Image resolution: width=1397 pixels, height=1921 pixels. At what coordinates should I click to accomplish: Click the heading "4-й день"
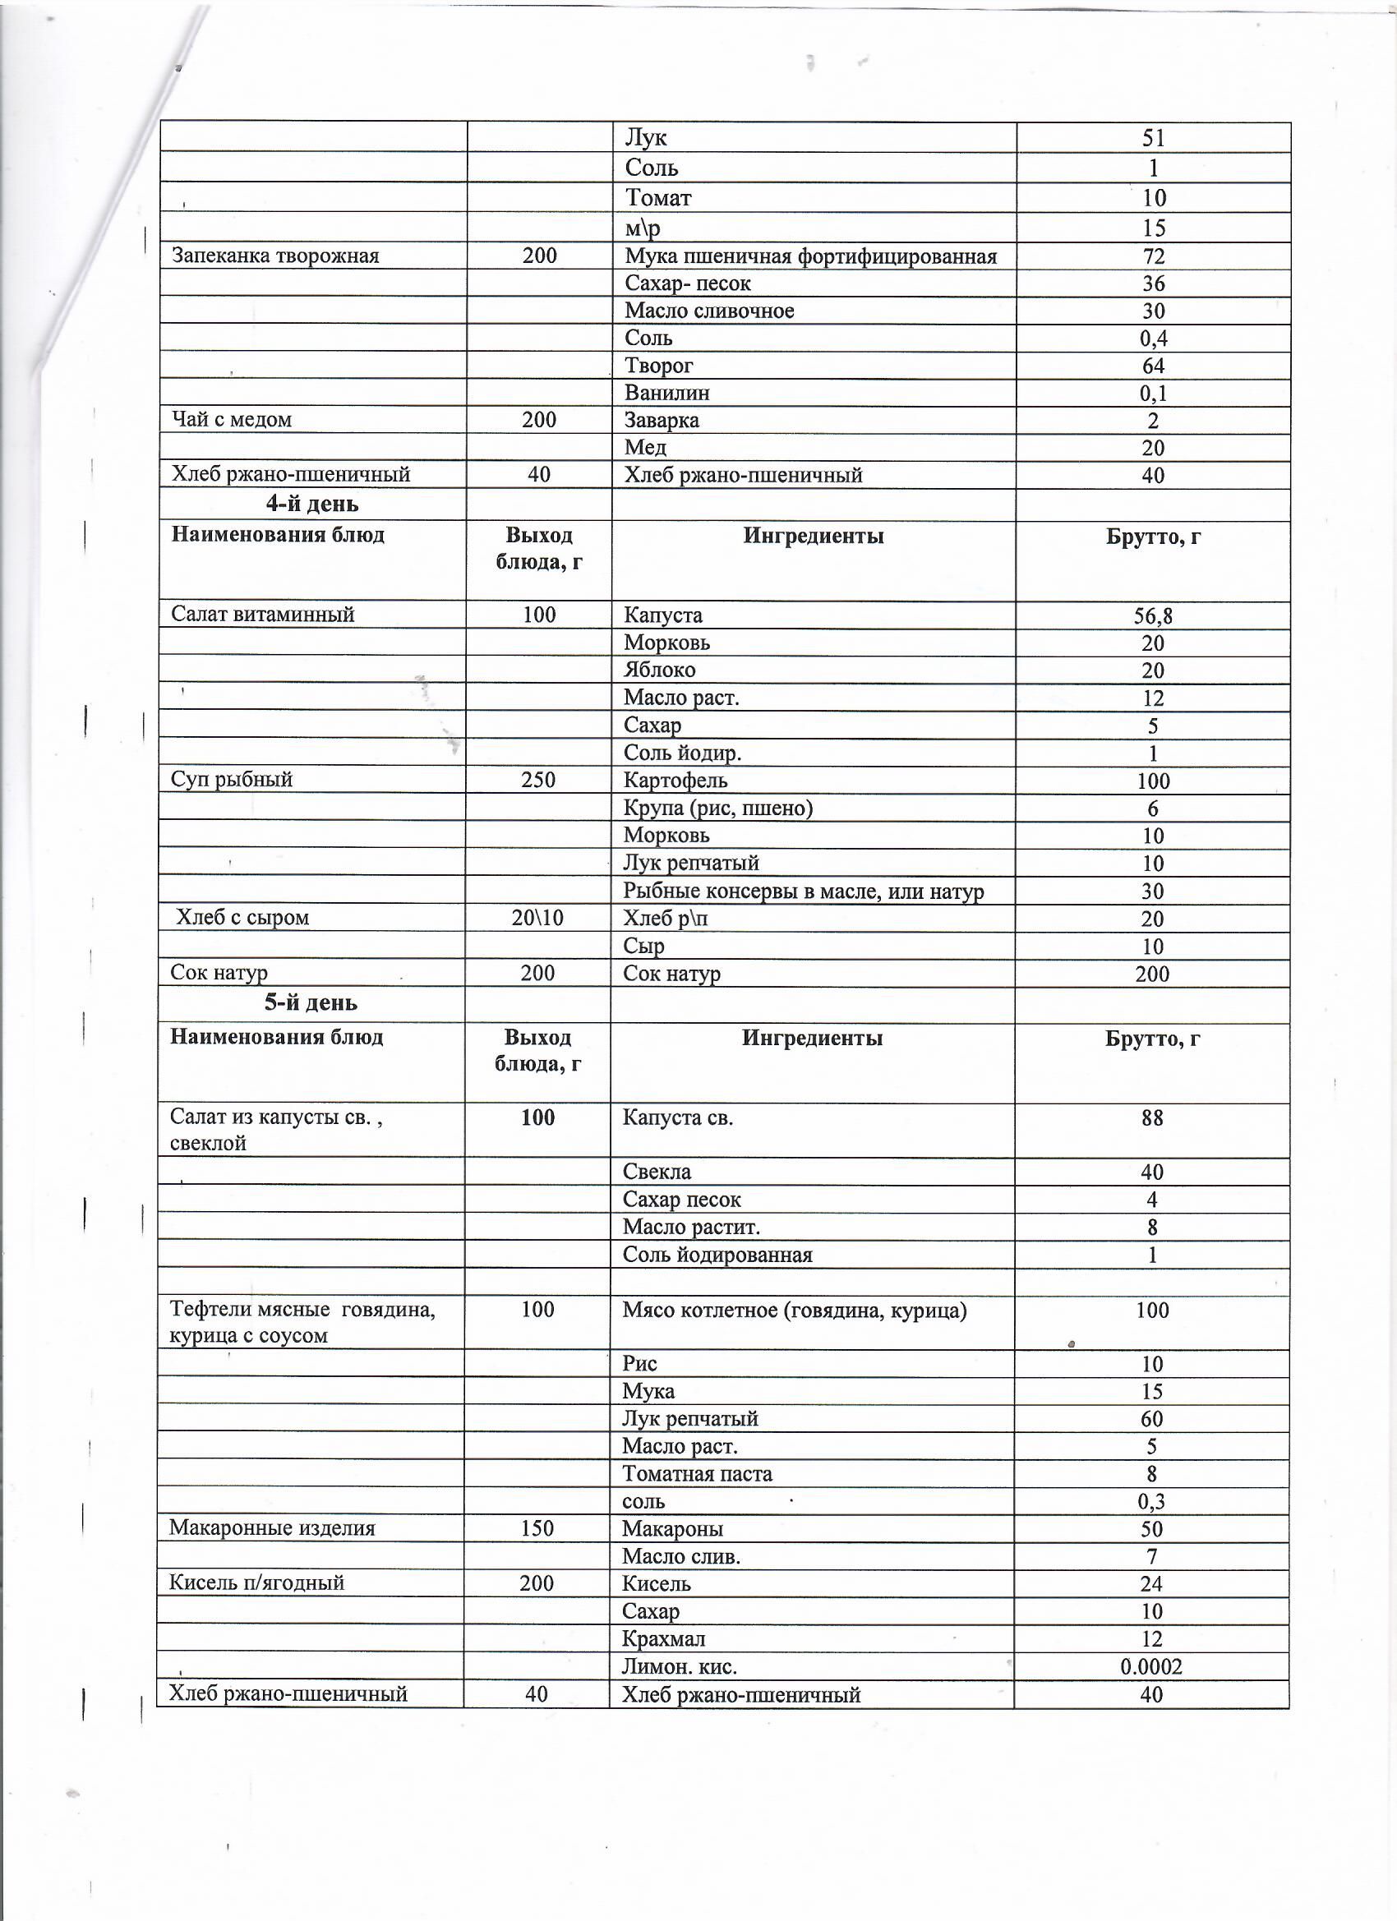click(x=311, y=504)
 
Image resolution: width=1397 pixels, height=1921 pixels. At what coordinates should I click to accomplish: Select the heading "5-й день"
click(x=311, y=1003)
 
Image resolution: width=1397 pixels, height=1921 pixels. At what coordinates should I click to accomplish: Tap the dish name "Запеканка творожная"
click(x=275, y=256)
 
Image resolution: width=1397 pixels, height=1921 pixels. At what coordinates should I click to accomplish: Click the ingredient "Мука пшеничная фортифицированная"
click(x=810, y=256)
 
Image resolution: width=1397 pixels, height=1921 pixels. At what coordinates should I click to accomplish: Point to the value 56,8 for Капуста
click(x=1152, y=615)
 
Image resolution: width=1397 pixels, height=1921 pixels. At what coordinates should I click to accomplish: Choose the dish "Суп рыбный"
click(x=231, y=779)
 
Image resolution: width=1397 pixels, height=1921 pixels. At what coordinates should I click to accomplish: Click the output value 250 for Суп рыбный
click(x=538, y=779)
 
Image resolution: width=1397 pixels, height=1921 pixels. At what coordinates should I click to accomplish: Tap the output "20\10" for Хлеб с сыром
click(x=537, y=917)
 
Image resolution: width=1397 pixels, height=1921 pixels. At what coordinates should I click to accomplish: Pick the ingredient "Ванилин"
click(x=666, y=393)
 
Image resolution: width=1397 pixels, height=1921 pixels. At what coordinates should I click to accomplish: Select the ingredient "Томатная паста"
click(x=696, y=1474)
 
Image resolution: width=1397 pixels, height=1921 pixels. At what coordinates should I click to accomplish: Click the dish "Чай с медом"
click(x=231, y=419)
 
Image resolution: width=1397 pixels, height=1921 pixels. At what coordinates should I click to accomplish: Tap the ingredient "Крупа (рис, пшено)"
click(x=717, y=808)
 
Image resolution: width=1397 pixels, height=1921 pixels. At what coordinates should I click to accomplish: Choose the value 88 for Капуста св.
click(x=1151, y=1118)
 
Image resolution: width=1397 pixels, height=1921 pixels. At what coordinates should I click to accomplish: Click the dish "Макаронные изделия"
click(x=271, y=1528)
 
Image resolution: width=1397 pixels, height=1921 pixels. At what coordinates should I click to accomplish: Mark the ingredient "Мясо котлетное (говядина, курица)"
click(x=794, y=1311)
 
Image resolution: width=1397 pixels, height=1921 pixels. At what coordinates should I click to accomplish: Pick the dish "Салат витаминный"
click(x=263, y=614)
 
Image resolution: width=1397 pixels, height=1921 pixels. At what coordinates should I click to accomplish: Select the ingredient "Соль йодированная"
click(x=717, y=1255)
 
